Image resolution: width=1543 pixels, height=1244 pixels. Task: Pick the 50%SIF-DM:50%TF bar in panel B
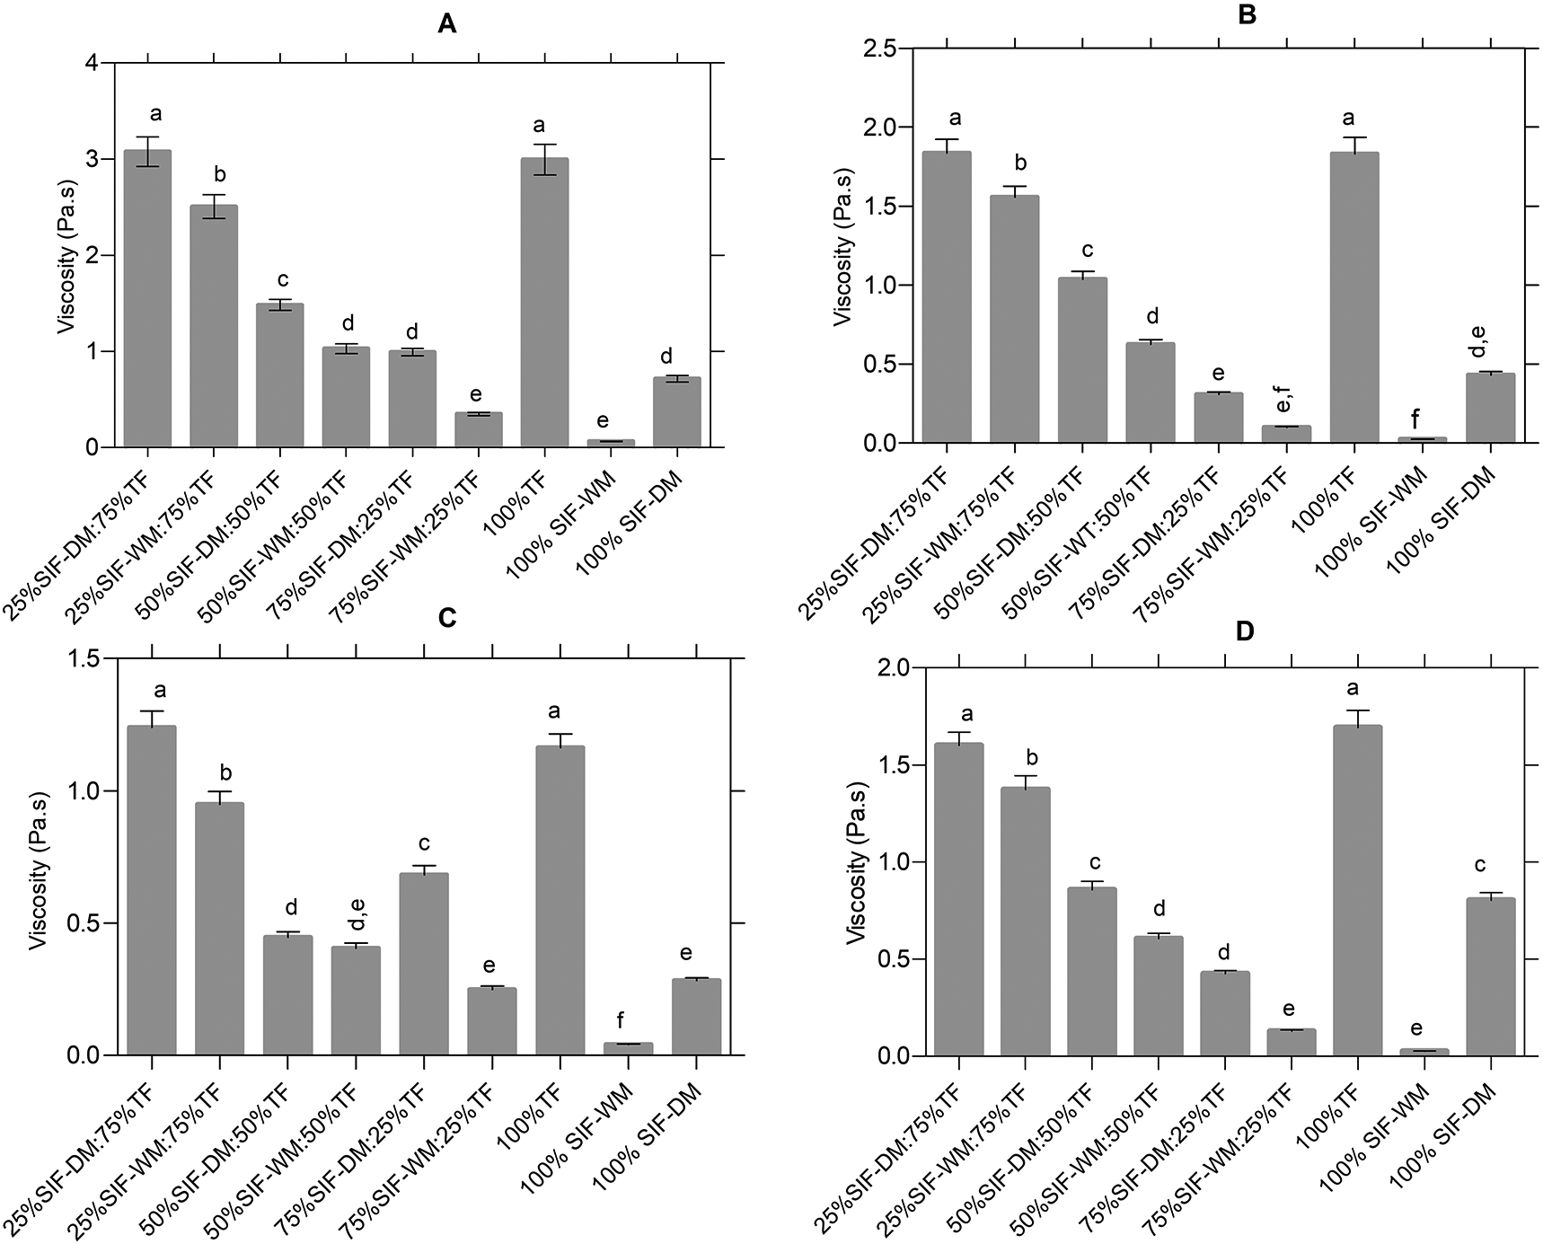(x=1082, y=360)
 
